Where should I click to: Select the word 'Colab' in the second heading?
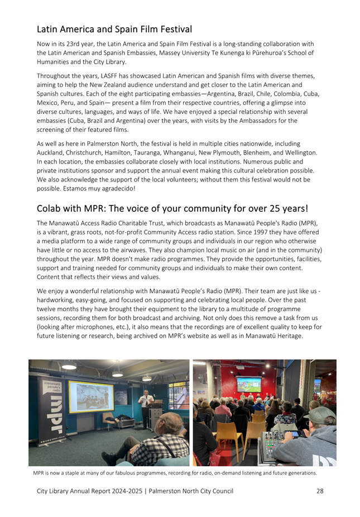[x=50, y=209]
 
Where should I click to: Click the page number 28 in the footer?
[x=319, y=491]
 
